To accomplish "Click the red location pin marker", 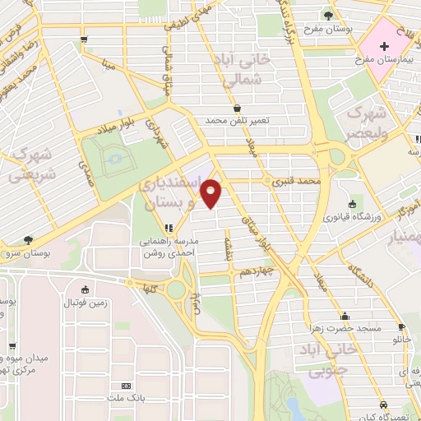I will pyautogui.click(x=211, y=192).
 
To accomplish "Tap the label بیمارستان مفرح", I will pyautogui.click(x=382, y=61).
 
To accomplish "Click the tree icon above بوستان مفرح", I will pyautogui.click(x=328, y=14).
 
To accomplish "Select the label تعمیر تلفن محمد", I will pyautogui.click(x=238, y=121).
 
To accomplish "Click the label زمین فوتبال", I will pyautogui.click(x=86, y=303).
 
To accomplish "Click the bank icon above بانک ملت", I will pyautogui.click(x=126, y=385).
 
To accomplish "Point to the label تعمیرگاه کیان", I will pyautogui.click(x=384, y=415).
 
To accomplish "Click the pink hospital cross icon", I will pyautogui.click(x=386, y=43).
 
